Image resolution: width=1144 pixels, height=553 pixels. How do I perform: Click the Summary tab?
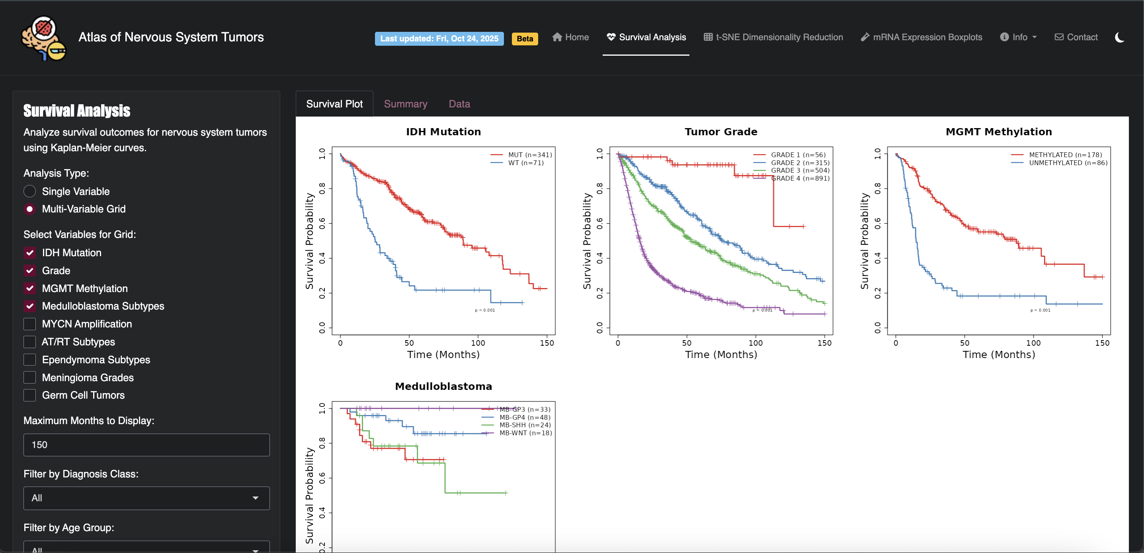(x=405, y=104)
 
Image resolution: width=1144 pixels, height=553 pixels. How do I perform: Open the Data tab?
(x=459, y=104)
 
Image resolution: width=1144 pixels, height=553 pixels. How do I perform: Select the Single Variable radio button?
(x=30, y=191)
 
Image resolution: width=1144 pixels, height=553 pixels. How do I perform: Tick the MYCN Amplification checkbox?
(x=30, y=324)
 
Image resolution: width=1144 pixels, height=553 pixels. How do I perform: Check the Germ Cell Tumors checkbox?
(x=30, y=395)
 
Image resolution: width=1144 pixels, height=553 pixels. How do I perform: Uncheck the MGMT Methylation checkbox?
(x=30, y=288)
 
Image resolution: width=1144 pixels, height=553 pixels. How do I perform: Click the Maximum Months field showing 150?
(x=146, y=445)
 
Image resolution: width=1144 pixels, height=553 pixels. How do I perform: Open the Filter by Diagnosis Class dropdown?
(x=146, y=498)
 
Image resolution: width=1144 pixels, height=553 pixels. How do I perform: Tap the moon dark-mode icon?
(x=1119, y=38)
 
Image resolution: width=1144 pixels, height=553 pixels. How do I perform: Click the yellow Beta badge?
(x=525, y=39)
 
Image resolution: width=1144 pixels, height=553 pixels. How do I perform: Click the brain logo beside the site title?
(x=43, y=39)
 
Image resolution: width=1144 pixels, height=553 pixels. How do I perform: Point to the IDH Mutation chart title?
(x=443, y=132)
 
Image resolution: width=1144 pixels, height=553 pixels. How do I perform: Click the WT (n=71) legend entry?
(x=525, y=163)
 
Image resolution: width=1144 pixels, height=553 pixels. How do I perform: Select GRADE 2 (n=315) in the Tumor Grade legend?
(x=800, y=163)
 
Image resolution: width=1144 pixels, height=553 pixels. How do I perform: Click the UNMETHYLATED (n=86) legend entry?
(x=1068, y=163)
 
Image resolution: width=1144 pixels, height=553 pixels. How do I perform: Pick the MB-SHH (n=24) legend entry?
(x=525, y=425)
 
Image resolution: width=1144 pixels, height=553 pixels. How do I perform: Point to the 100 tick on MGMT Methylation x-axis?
(x=1033, y=343)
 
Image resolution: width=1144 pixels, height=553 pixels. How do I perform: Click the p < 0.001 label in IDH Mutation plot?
(x=484, y=310)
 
